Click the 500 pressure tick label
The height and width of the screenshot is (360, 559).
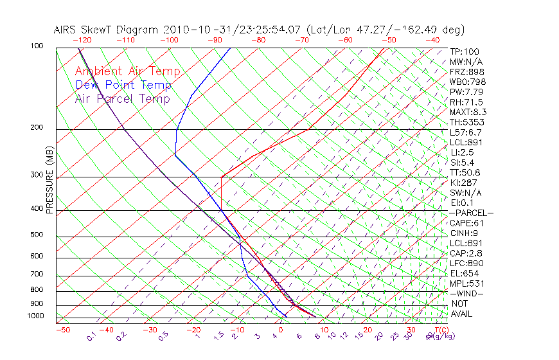(x=37, y=235)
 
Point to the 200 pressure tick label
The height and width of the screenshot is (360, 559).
(x=37, y=127)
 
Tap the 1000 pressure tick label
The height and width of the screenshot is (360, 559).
(x=35, y=316)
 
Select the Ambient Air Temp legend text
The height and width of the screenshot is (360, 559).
(x=127, y=71)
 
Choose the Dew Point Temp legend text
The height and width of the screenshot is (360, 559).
(x=123, y=85)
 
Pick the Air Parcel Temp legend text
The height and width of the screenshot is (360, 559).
(x=122, y=98)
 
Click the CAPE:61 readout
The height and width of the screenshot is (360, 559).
(x=466, y=223)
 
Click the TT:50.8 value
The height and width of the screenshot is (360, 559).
(x=465, y=172)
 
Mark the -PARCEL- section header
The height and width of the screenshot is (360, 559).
(x=471, y=213)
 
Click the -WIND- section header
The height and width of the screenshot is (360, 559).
(x=466, y=293)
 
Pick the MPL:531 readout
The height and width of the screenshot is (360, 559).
(x=466, y=283)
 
